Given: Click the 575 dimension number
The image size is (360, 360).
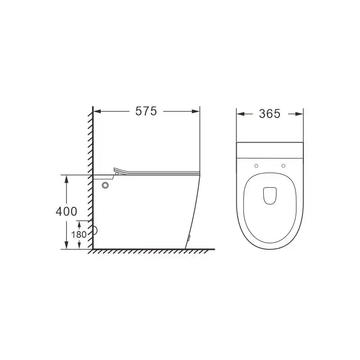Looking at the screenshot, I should tap(146, 112).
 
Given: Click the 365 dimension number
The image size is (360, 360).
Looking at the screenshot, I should tap(270, 114).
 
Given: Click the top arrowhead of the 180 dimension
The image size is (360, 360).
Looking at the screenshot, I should tap(80, 223).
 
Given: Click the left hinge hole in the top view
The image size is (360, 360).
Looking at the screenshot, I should tap(256, 166).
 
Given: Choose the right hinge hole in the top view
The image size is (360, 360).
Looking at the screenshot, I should tap(283, 166).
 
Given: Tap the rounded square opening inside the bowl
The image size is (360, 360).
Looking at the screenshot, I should tap(269, 194).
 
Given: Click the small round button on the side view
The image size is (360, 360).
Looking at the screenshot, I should tap(106, 184).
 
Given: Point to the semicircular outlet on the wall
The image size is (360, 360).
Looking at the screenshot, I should tap(95, 231).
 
